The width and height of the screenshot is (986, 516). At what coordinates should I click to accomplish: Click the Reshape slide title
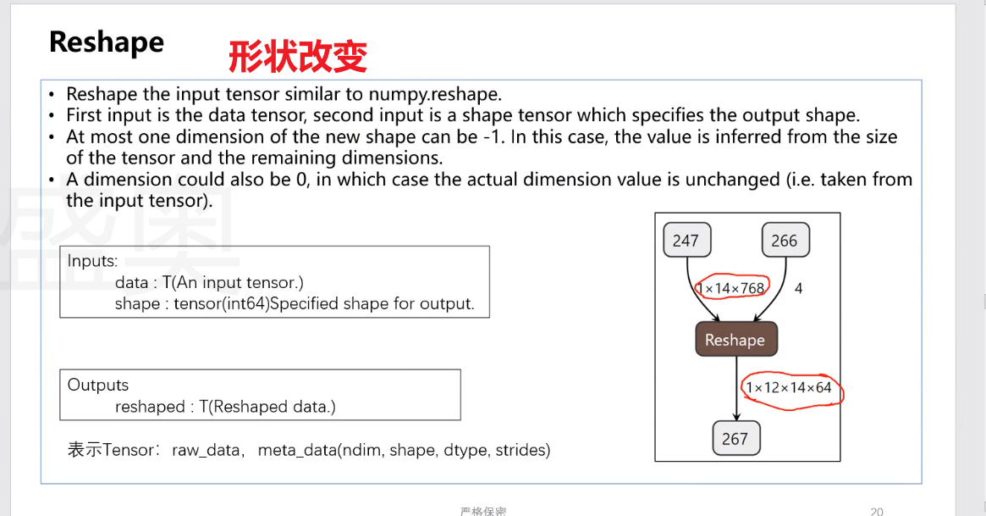pyautogui.click(x=106, y=42)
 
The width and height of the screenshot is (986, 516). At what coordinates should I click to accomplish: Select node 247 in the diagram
pyautogui.click(x=686, y=241)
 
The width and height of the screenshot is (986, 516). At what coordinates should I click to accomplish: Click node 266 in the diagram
pyautogui.click(x=784, y=241)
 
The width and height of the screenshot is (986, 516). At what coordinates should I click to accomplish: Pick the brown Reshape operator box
pyautogui.click(x=735, y=340)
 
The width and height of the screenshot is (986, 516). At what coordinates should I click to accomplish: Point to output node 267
pyautogui.click(x=735, y=438)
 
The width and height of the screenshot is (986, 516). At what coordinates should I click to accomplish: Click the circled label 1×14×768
pyautogui.click(x=732, y=288)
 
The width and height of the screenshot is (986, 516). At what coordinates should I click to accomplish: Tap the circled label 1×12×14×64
pyautogui.click(x=789, y=388)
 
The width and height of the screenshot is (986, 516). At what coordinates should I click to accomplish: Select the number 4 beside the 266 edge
pyautogui.click(x=798, y=288)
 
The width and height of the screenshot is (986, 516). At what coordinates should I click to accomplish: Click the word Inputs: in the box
pyautogui.click(x=92, y=261)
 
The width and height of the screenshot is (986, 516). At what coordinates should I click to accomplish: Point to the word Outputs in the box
pyautogui.click(x=98, y=385)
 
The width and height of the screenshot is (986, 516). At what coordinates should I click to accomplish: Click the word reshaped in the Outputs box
pyautogui.click(x=149, y=407)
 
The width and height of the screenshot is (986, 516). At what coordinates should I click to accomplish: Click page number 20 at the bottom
pyautogui.click(x=876, y=512)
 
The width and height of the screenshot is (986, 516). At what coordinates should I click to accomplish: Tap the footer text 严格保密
pyautogui.click(x=483, y=512)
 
